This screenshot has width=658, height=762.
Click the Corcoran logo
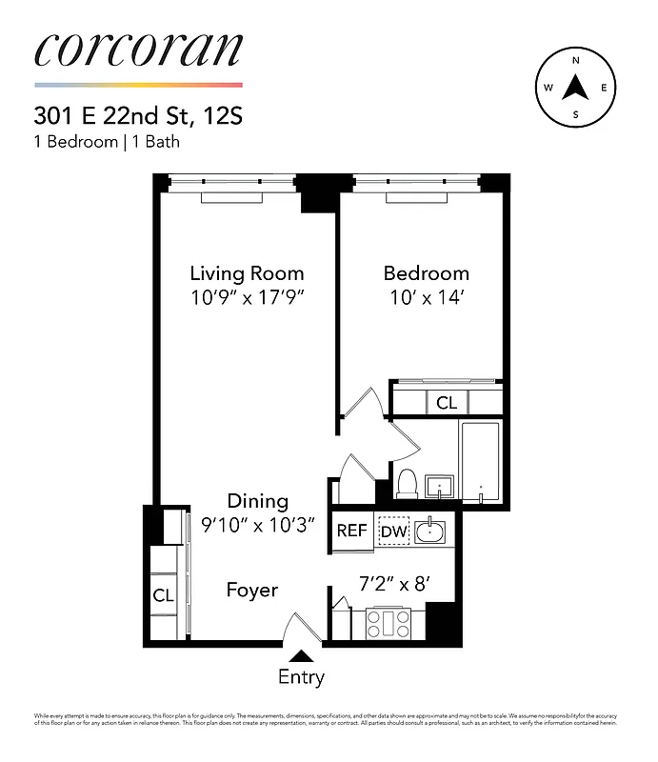(138, 50)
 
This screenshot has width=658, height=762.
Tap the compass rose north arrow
(575, 88)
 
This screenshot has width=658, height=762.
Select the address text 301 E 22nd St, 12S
(138, 117)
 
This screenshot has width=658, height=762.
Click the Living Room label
(247, 273)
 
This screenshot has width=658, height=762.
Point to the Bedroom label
(426, 273)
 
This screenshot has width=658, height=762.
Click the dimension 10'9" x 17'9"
(247, 297)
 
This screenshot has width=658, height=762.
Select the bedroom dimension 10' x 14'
(426, 297)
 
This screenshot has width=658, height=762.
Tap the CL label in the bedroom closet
(447, 403)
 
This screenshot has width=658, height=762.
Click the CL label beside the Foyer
(163, 595)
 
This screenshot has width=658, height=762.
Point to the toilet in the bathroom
(407, 483)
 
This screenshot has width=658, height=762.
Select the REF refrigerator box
(351, 531)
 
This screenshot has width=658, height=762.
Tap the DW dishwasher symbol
(393, 531)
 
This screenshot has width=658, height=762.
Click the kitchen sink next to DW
(431, 530)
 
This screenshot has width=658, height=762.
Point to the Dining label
(257, 501)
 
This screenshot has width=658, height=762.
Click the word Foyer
(251, 591)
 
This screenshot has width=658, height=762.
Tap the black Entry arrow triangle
(302, 655)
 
